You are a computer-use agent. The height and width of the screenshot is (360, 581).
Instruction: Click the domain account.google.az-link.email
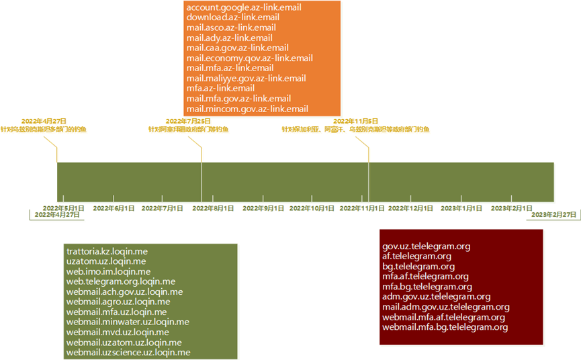[243, 8]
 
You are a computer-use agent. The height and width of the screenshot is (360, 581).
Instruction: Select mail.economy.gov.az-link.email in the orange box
[249, 58]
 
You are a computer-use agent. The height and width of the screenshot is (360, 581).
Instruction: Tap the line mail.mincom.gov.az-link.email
[247, 109]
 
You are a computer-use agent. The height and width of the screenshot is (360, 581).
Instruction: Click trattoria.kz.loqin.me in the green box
[107, 251]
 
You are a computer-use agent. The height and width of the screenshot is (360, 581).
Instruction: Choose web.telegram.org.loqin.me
[120, 281]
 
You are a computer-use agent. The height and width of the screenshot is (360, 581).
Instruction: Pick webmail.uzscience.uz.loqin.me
[128, 352]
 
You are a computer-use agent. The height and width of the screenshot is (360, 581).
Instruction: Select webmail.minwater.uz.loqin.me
[128, 322]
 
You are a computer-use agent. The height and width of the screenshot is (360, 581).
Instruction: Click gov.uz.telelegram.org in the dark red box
[426, 246]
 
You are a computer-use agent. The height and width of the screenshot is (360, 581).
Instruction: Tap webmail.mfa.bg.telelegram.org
[445, 327]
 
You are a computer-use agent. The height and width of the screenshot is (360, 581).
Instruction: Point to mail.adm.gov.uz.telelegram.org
[445, 307]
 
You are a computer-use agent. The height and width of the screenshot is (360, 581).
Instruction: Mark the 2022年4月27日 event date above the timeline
[43, 121]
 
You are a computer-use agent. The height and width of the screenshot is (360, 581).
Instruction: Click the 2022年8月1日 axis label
[213, 208]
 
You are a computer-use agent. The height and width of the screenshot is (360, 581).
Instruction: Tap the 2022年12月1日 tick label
[410, 208]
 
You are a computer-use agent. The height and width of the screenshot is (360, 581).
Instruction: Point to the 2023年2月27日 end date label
[554, 214]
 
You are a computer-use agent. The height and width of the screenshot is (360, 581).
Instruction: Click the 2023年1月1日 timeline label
[461, 208]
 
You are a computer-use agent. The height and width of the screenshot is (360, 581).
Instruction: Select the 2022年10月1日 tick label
[312, 208]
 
